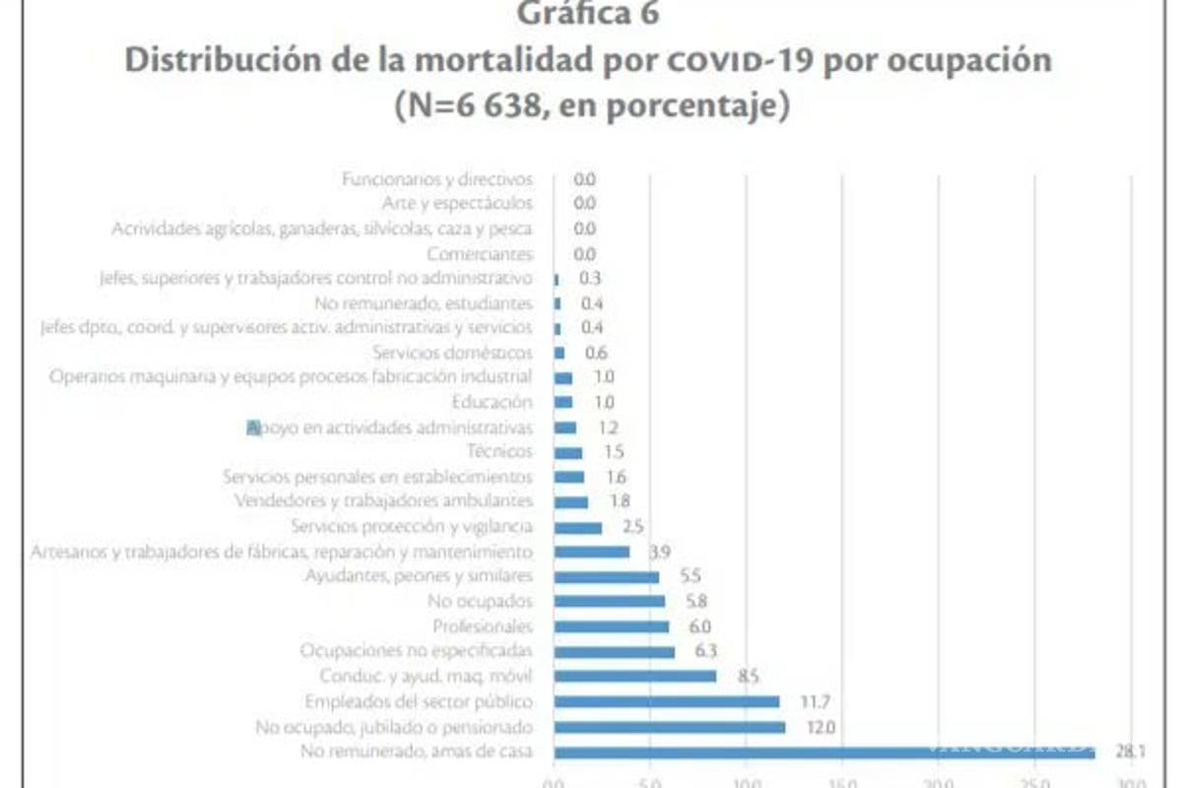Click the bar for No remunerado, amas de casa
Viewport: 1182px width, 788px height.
tap(823, 753)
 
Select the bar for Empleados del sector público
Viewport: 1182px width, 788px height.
tap(667, 702)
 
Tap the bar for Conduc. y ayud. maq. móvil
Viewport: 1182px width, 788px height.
tap(635, 677)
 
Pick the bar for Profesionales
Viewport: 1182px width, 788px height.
tap(612, 626)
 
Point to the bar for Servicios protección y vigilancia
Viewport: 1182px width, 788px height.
tap(578, 527)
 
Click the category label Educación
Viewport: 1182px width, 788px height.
tap(492, 402)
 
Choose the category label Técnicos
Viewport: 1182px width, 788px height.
tap(500, 452)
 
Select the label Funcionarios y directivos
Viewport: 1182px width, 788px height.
tap(436, 179)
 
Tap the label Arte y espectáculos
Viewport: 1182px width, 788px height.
tap(457, 204)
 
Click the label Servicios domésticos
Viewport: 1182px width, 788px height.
tap(453, 353)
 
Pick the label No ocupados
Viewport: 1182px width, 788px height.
tap(481, 602)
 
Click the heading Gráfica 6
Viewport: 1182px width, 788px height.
tap(589, 15)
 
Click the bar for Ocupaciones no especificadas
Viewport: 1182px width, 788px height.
tap(615, 652)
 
